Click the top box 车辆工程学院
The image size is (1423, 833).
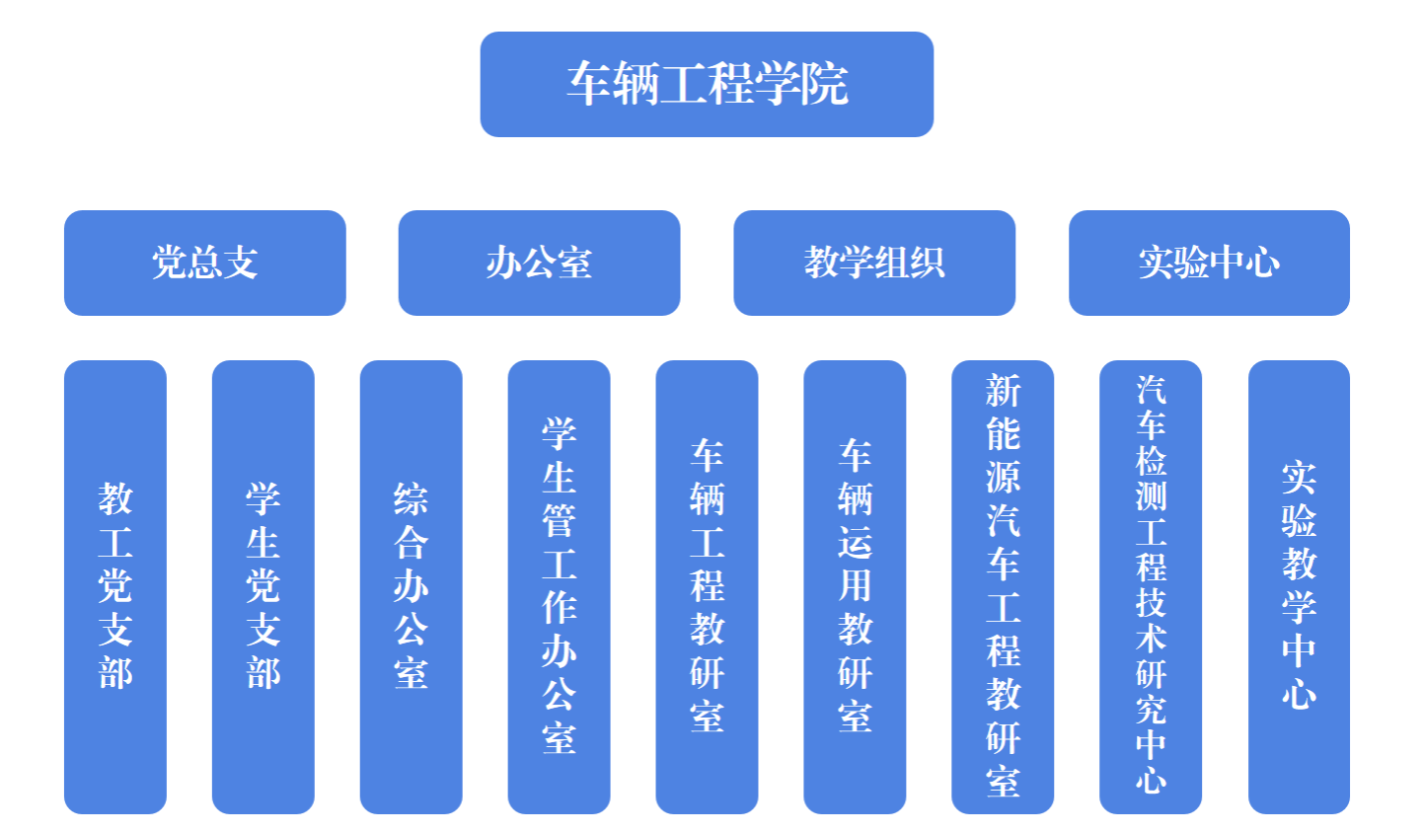707,84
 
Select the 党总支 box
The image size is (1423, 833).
204,263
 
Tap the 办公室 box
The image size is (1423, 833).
539,263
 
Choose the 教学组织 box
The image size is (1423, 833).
874,263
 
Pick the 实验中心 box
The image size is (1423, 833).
1209,263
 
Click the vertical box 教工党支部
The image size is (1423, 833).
115,586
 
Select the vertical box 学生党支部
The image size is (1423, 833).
263,586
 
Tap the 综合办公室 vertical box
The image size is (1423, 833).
412,586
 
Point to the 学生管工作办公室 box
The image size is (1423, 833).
560,586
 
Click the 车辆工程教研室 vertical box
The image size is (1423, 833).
708,586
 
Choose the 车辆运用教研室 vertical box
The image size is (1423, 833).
856,586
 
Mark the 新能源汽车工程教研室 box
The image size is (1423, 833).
1004,586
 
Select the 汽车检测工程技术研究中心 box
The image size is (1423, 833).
1151,586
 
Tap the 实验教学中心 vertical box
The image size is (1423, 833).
1299,586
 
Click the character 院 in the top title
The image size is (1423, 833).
825,84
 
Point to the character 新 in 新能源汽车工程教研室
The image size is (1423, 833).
1004,392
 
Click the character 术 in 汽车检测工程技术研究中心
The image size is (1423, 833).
1151,638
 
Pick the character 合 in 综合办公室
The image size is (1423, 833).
412,543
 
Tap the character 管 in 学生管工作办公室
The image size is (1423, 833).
560,521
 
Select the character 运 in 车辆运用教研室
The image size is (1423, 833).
856,543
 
